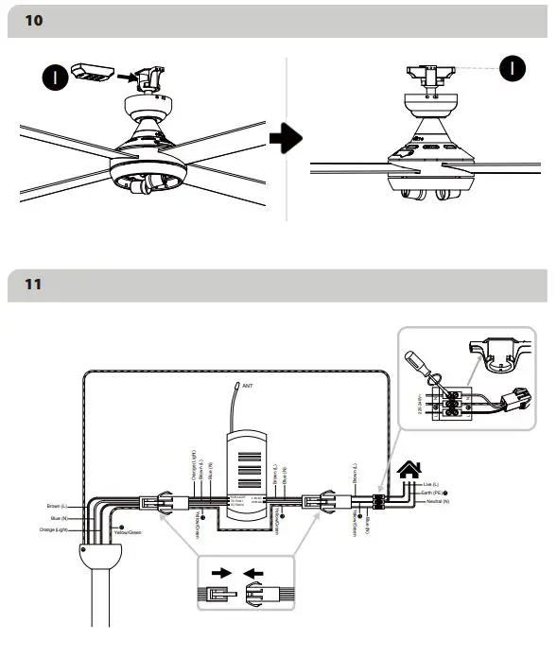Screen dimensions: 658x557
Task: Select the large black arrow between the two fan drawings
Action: [x=285, y=139]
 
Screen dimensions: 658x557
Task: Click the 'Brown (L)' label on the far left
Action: [x=59, y=507]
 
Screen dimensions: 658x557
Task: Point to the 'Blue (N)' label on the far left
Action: [x=61, y=519]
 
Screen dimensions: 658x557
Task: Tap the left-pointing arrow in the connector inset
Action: [x=253, y=572]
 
